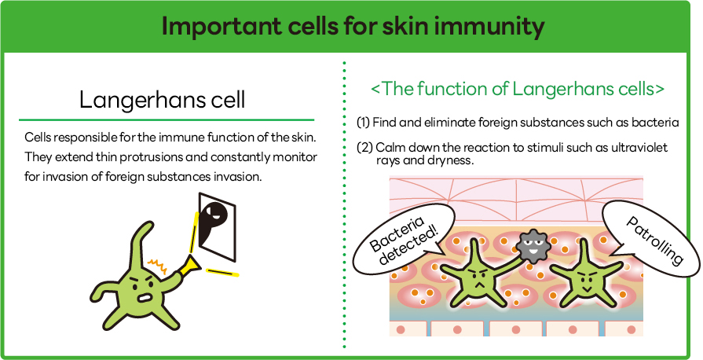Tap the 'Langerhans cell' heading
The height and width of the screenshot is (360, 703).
coord(163,100)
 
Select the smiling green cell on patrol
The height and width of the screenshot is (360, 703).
coord(584,274)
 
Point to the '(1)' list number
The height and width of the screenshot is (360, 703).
coord(363,122)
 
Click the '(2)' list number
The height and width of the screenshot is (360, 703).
coord(364,147)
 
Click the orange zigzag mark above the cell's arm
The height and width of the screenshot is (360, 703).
coord(158,266)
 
